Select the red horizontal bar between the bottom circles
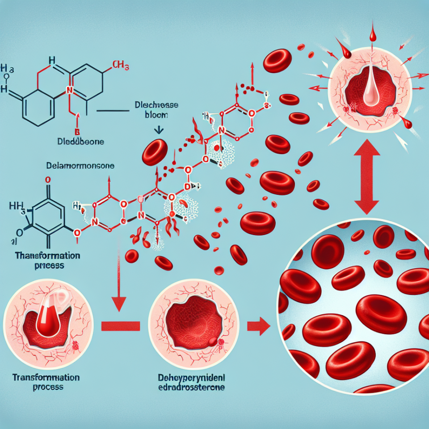(121, 326)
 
